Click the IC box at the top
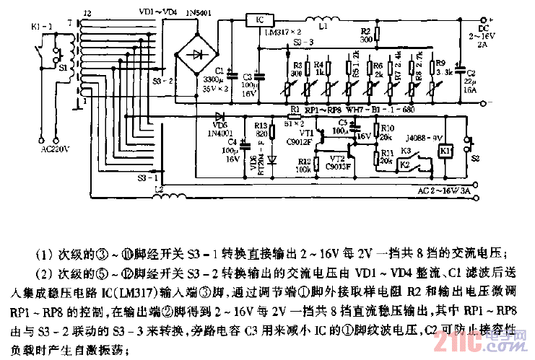tap(261, 20)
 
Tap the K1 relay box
tap(445, 151)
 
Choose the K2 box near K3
tap(406, 164)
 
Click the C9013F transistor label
tap(336, 167)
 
